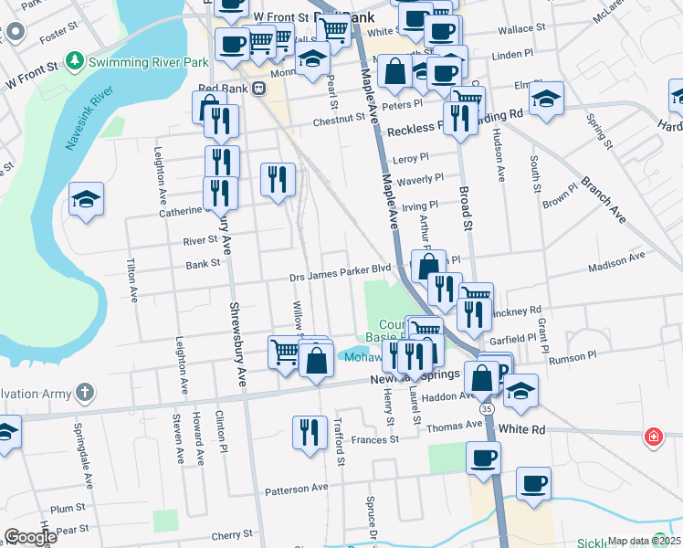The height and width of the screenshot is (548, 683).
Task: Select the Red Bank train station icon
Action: coord(259,88)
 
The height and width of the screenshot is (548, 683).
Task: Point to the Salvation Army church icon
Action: coord(84,394)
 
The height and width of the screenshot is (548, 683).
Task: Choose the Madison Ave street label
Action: coord(617,259)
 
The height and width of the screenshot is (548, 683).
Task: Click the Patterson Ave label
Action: coord(296,489)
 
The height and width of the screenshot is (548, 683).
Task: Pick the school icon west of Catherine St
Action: coord(86,200)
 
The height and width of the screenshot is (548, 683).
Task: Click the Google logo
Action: coord(29,536)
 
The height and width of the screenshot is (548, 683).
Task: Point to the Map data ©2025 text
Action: coord(644,541)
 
